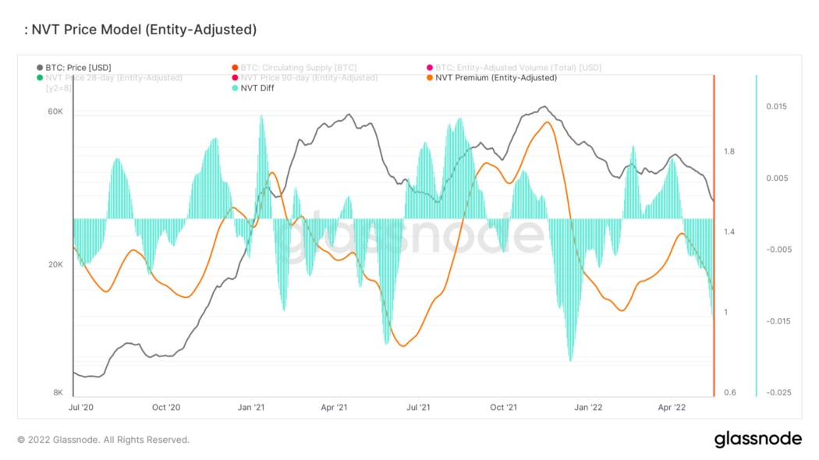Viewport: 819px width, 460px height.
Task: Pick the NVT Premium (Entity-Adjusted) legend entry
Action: (x=496, y=78)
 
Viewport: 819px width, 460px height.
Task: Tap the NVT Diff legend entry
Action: (x=257, y=88)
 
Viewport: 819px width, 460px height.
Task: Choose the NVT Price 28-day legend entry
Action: (x=113, y=78)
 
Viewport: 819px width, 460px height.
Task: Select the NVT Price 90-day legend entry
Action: (x=309, y=78)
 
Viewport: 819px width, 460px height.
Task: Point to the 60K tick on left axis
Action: (x=55, y=111)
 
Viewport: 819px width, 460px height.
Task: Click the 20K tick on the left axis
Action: (x=55, y=264)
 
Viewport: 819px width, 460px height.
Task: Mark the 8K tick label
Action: (x=58, y=392)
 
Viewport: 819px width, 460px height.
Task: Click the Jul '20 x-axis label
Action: (x=81, y=407)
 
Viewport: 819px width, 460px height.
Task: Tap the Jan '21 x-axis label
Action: (x=250, y=407)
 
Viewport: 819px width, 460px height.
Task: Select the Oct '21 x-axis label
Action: (x=503, y=407)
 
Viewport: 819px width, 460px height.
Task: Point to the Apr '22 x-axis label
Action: (x=672, y=407)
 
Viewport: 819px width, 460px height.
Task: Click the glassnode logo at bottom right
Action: (x=757, y=439)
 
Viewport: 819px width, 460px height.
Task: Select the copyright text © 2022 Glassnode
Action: (x=103, y=440)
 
